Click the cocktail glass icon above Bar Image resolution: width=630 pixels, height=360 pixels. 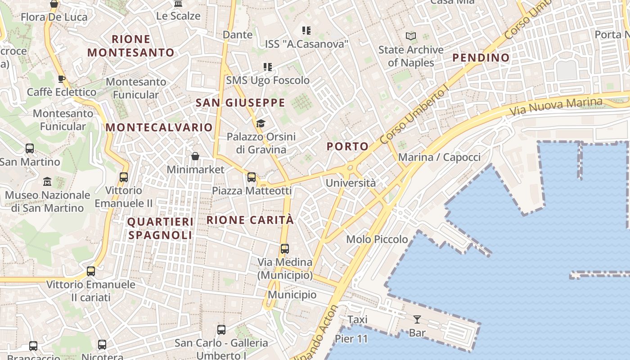pyautogui.click(x=417, y=319)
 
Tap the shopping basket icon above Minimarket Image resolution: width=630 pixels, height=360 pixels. pyautogui.click(x=195, y=156)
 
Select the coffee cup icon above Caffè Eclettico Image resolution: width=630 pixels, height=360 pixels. pyautogui.click(x=62, y=79)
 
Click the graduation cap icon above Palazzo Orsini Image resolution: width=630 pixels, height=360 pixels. pyautogui.click(x=261, y=123)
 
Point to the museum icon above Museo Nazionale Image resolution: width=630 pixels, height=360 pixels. pyautogui.click(x=47, y=182)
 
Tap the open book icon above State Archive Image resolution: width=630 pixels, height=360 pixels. pyautogui.click(x=411, y=36)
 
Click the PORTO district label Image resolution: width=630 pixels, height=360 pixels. pyautogui.click(x=347, y=146)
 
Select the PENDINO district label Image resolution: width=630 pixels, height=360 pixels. pyautogui.click(x=481, y=58)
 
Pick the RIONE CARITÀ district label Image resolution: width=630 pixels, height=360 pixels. pyautogui.click(x=250, y=220)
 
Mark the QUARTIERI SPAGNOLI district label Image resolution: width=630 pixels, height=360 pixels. pyautogui.click(x=160, y=228)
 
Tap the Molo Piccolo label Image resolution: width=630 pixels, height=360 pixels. pyautogui.click(x=377, y=239)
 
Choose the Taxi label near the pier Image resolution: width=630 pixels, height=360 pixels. pyautogui.click(x=357, y=319)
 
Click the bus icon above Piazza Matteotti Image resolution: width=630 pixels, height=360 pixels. pyautogui.click(x=252, y=177)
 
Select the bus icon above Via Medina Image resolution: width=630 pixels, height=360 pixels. pyautogui.click(x=284, y=249)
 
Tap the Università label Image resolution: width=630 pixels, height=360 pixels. pyautogui.click(x=351, y=183)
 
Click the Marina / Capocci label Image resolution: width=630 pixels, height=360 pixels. pyautogui.click(x=439, y=157)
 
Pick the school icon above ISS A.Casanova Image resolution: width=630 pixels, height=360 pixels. pyautogui.click(x=306, y=31)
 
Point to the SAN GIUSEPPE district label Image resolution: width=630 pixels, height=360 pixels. pyautogui.click(x=240, y=103)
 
